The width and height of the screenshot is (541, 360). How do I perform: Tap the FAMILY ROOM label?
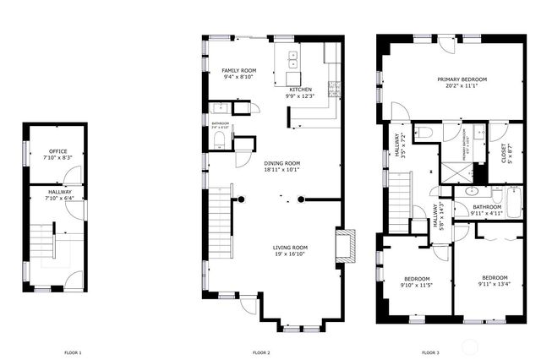click(239, 70)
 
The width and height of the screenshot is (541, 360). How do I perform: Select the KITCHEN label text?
click(301, 90)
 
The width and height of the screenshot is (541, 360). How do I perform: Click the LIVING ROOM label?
click(289, 247)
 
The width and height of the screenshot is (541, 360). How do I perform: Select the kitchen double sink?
click(292, 59)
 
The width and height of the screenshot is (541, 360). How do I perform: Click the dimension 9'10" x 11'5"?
click(417, 286)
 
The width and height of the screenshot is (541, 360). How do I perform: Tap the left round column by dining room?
click(241, 200)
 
